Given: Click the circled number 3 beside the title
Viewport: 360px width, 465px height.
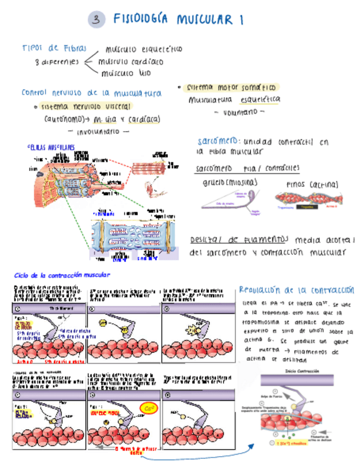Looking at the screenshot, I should (96, 20).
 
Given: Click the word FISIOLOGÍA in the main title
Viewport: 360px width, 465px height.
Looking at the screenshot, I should (141, 20).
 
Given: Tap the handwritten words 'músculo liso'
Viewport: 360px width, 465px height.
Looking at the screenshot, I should (126, 72).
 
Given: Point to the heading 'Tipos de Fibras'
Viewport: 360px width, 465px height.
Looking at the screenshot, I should (50, 48).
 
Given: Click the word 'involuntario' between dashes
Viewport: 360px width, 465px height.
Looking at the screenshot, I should (98, 132).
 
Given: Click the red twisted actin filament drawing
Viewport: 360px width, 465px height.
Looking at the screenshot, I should (307, 199).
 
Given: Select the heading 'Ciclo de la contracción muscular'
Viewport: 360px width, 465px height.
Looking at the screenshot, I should (61, 274).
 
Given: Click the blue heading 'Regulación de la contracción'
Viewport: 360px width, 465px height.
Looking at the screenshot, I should (296, 290).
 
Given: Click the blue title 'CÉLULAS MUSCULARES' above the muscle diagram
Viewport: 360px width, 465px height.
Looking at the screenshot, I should (50, 148).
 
